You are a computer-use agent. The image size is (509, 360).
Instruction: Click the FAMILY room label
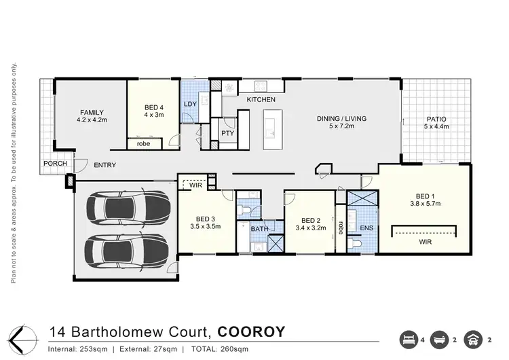[x=92, y=112]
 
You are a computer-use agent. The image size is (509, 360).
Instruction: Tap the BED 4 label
[x=153, y=108]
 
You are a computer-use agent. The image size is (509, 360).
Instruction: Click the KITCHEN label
[x=261, y=100]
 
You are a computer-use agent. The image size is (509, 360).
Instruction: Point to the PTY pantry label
[x=227, y=134]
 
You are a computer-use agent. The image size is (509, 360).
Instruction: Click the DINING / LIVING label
[x=341, y=119]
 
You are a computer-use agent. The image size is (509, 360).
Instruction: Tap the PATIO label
[x=436, y=119]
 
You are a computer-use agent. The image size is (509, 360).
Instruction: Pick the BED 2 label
[x=309, y=221]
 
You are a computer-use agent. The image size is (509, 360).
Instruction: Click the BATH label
[x=259, y=229]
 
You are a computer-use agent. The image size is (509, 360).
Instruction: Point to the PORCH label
[x=55, y=164]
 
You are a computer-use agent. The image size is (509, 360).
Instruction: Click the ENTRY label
[x=105, y=165]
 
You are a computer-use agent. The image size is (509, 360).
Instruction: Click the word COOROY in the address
[x=252, y=332]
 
